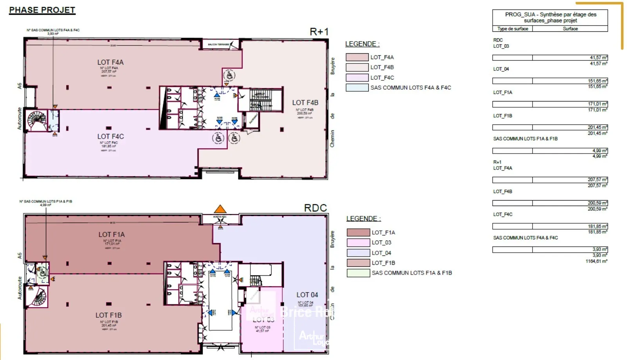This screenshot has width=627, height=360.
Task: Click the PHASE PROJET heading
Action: (x=42, y=10)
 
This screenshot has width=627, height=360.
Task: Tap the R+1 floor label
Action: (x=319, y=32)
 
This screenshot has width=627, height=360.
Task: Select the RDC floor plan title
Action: (x=315, y=208)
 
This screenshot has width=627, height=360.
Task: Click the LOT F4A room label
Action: (x=110, y=62)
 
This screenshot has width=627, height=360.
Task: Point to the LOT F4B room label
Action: (x=305, y=103)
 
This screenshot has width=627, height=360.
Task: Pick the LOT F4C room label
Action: (x=111, y=136)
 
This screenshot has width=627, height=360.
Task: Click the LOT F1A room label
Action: (x=111, y=234)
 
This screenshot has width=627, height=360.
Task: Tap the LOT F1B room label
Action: (x=109, y=315)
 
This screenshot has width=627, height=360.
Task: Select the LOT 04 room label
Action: (x=307, y=295)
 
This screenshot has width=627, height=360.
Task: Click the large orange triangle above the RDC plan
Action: (x=220, y=209)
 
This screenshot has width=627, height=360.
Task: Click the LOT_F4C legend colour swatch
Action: (x=357, y=78)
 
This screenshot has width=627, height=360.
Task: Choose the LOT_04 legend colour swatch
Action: (x=358, y=253)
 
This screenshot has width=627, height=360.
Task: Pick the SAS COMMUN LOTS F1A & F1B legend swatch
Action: (x=358, y=273)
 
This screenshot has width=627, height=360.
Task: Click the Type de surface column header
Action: (x=513, y=29)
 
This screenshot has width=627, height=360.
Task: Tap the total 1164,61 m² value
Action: (x=596, y=261)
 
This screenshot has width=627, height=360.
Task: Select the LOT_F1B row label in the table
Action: (x=502, y=116)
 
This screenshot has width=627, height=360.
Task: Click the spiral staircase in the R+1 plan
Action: (x=36, y=121)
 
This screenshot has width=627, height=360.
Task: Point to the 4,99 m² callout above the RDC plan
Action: (x=45, y=205)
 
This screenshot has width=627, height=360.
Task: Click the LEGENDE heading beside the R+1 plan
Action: (x=362, y=44)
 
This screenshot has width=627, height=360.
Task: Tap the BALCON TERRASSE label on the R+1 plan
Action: (x=218, y=45)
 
